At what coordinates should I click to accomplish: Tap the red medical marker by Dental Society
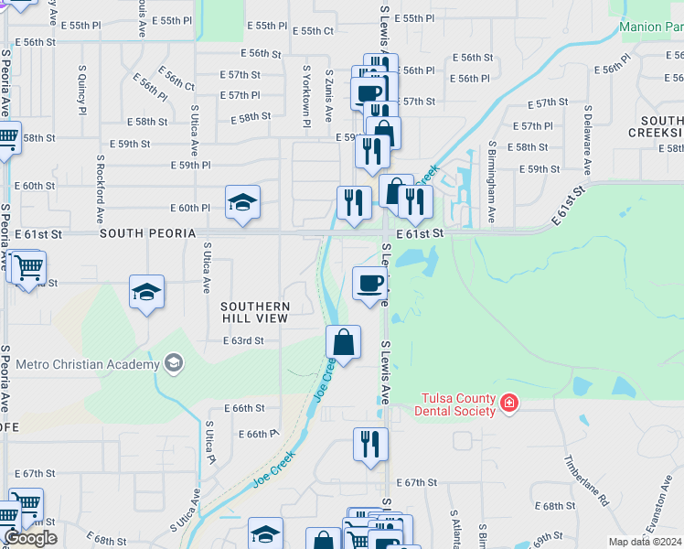tap(509, 402)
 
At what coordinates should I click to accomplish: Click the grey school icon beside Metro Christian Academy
tap(172, 364)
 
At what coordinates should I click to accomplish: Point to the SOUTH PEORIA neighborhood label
tap(147, 234)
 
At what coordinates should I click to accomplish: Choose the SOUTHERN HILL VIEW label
tap(255, 312)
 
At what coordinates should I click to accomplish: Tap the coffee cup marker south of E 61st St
tap(369, 284)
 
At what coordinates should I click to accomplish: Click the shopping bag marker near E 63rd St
tap(343, 343)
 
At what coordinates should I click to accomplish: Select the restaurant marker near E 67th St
tap(370, 445)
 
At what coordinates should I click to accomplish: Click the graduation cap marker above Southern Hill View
tap(146, 293)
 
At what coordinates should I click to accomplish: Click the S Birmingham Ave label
tap(491, 181)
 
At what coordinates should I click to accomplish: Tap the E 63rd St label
tap(243, 340)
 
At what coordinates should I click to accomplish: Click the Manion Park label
tap(651, 27)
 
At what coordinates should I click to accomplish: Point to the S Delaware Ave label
tap(586, 137)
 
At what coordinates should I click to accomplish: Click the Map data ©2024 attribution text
tap(646, 542)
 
